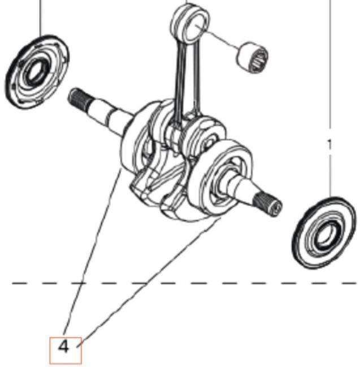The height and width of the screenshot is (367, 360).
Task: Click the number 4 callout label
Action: pyautogui.click(x=64, y=346)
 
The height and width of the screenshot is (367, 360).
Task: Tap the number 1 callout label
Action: pyautogui.click(x=331, y=145)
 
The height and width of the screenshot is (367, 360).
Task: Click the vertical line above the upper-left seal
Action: pyautogui.click(x=41, y=17)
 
